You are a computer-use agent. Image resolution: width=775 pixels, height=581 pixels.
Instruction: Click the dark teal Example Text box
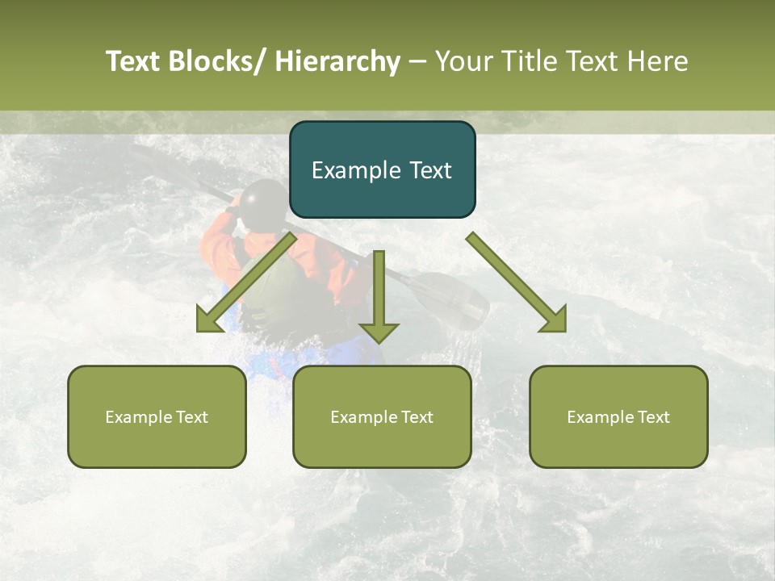382,169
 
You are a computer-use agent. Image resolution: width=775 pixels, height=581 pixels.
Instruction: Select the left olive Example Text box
157,416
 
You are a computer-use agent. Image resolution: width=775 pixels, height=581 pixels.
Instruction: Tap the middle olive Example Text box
382,416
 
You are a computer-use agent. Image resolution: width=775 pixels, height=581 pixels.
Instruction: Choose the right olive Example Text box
618,416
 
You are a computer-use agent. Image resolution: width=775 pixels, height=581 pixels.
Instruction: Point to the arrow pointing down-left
246,282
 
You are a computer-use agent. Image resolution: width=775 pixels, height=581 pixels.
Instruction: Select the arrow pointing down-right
517,282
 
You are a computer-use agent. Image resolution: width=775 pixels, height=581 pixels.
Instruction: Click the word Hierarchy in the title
337,61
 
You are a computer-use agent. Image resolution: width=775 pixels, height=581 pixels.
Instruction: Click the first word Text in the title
134,61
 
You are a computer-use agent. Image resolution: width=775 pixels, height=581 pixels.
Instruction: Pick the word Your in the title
463,61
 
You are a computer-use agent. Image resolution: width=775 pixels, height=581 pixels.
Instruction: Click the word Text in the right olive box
651,416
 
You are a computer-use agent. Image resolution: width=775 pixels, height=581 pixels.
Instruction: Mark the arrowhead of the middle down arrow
379,332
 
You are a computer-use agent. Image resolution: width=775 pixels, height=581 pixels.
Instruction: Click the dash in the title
417,61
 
